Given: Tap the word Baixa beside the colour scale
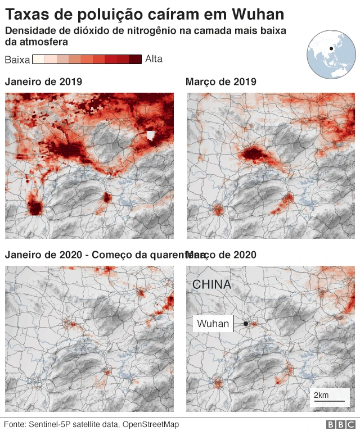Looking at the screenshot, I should pos(17,60).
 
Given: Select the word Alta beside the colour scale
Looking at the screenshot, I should pos(154,59).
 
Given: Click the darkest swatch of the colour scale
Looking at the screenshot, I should pos(135,59).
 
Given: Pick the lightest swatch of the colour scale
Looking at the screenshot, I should pos(38,59).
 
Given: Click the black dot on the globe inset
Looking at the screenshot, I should pos(332,49).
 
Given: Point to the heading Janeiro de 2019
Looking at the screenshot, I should pos(43,82).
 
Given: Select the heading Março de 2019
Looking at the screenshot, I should pos(220,82).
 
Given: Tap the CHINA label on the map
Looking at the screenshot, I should pos(211,285).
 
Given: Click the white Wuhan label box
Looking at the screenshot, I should pos(213,324).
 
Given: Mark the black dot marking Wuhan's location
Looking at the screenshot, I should pos(246,324).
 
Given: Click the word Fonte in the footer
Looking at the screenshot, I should pos(15,424).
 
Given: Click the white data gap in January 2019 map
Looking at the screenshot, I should pos(150,135).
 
